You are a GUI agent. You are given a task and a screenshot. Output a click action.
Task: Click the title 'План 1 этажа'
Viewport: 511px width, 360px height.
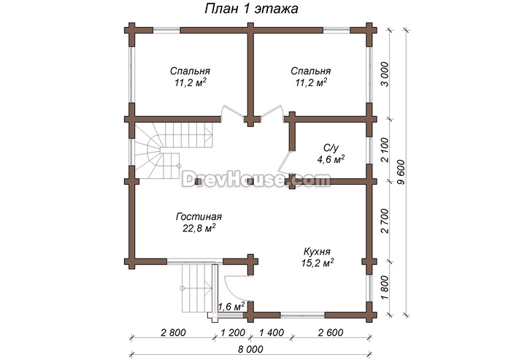click(x=251, y=9)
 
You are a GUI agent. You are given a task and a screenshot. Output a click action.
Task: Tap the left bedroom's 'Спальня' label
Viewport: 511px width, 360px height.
click(x=190, y=71)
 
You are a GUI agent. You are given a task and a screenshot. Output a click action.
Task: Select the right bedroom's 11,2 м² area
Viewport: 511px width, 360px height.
click(x=311, y=83)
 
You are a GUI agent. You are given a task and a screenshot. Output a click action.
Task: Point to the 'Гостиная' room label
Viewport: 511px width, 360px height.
click(x=199, y=217)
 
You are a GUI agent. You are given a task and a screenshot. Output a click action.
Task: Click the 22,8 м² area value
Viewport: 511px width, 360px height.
click(x=199, y=228)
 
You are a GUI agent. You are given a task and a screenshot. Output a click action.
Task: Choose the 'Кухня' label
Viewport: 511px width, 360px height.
click(x=317, y=252)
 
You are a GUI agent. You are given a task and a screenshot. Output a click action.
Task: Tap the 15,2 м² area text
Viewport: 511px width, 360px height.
click(x=318, y=263)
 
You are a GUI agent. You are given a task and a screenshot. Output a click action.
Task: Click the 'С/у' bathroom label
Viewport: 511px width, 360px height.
click(x=331, y=148)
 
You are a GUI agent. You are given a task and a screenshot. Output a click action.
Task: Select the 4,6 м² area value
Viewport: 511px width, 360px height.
click(x=331, y=159)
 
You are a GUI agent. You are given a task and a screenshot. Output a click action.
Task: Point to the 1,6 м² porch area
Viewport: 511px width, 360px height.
click(x=231, y=307)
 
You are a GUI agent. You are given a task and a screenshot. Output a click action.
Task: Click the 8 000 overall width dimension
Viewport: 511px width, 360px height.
click(x=250, y=349)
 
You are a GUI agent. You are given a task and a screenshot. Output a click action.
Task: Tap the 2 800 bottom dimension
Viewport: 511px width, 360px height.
click(x=173, y=332)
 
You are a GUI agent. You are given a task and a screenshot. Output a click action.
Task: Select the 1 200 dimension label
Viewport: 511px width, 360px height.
click(x=233, y=332)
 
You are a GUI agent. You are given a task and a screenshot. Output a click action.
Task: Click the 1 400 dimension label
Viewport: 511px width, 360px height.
click(x=271, y=332)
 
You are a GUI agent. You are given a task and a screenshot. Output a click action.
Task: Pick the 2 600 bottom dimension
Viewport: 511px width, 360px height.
click(x=331, y=332)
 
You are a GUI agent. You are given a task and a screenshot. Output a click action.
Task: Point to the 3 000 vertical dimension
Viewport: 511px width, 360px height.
click(x=385, y=74)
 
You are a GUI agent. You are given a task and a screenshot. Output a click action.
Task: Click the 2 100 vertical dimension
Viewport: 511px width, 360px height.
click(x=385, y=150)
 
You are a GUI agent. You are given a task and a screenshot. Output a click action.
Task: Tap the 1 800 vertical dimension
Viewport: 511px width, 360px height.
click(x=385, y=288)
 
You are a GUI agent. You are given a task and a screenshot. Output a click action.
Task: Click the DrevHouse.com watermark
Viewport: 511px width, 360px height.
click(x=255, y=179)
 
